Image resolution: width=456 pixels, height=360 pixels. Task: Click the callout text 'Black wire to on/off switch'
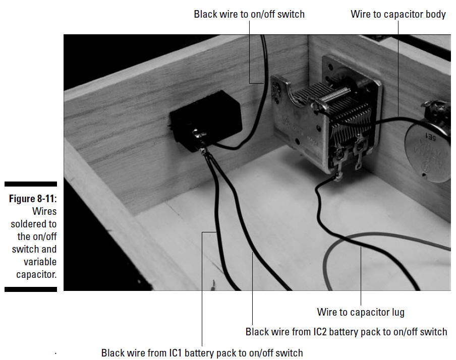[x=249, y=14]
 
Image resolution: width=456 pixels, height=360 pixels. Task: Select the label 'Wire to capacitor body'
[x=398, y=14]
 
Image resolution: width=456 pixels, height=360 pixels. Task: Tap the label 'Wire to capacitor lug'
[x=361, y=312]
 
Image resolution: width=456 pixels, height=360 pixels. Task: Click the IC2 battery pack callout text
[x=347, y=332]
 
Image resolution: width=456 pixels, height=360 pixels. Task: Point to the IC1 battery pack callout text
[x=202, y=353]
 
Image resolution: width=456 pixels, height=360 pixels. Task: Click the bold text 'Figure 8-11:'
[x=33, y=199]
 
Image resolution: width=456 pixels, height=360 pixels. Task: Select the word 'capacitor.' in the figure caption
[x=36, y=274]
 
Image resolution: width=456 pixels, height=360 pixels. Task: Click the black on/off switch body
[x=205, y=120]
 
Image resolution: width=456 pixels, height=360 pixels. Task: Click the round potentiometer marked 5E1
[x=428, y=145]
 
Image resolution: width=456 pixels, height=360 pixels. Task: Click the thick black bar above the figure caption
[x=31, y=184]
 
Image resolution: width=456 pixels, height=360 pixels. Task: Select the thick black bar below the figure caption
[x=31, y=289]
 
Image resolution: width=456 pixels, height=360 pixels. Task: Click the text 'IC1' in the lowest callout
[x=176, y=353]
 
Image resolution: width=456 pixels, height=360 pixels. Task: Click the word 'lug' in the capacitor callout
[x=398, y=313]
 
